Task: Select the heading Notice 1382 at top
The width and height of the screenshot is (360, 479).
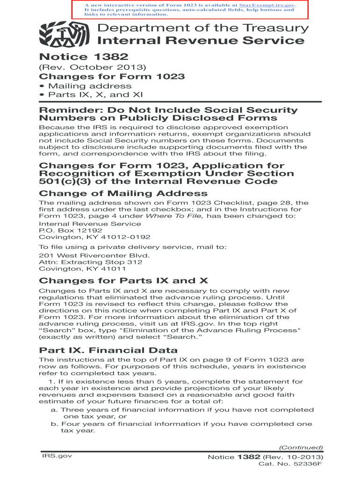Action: [x=84, y=57]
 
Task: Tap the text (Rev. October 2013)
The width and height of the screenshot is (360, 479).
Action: [x=93, y=67]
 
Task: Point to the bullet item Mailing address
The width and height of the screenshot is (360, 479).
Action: [x=86, y=86]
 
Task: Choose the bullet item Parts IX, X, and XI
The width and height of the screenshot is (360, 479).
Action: [x=96, y=95]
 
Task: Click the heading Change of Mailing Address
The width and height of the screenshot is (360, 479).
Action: [x=123, y=194]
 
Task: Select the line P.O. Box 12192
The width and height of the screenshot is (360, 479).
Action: [x=70, y=231]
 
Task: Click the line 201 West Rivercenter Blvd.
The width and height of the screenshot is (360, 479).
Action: [x=94, y=256]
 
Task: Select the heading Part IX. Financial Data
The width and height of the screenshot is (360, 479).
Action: [x=108, y=350]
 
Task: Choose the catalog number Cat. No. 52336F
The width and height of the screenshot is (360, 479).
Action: [x=290, y=464]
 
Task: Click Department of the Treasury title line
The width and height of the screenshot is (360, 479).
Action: [x=203, y=28]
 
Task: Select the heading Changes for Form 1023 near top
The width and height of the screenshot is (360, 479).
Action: [x=112, y=77]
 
